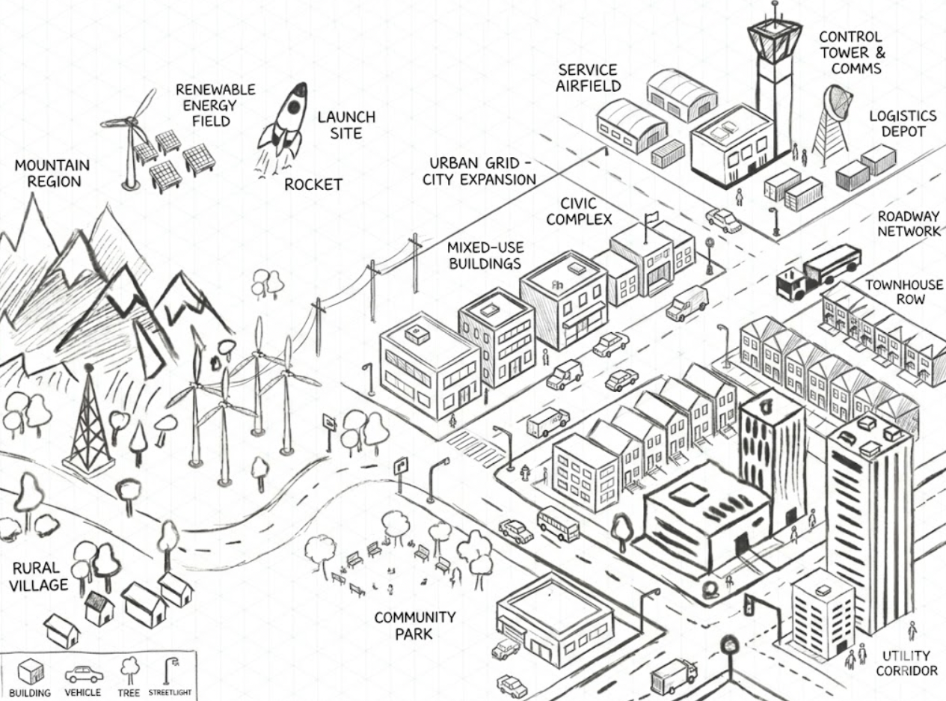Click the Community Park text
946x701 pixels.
(415, 625)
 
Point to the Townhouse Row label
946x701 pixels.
(903, 292)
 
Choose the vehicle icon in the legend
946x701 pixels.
(82, 674)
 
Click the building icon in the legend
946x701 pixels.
(29, 673)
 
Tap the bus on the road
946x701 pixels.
(558, 523)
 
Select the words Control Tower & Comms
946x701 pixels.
(850, 52)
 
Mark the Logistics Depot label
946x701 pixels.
(902, 124)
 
